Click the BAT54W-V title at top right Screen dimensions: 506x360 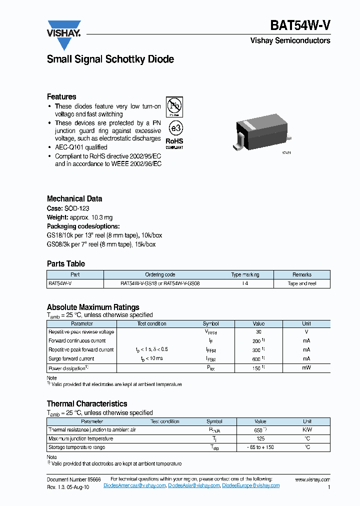300,25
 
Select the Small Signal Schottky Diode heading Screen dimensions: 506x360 110,59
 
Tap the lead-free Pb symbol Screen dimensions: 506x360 174,106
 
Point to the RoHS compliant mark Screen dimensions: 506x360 174,143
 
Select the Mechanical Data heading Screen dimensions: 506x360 74,198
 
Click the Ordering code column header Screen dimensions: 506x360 160,274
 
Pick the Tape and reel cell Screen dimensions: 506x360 301,283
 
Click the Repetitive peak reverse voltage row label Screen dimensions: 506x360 81,332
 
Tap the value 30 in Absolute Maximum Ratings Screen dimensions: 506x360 258,332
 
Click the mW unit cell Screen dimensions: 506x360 306,368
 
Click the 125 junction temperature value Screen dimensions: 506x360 260,438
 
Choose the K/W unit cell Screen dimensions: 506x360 307,430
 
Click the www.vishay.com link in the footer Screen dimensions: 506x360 312,479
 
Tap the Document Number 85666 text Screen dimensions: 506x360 73,479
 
